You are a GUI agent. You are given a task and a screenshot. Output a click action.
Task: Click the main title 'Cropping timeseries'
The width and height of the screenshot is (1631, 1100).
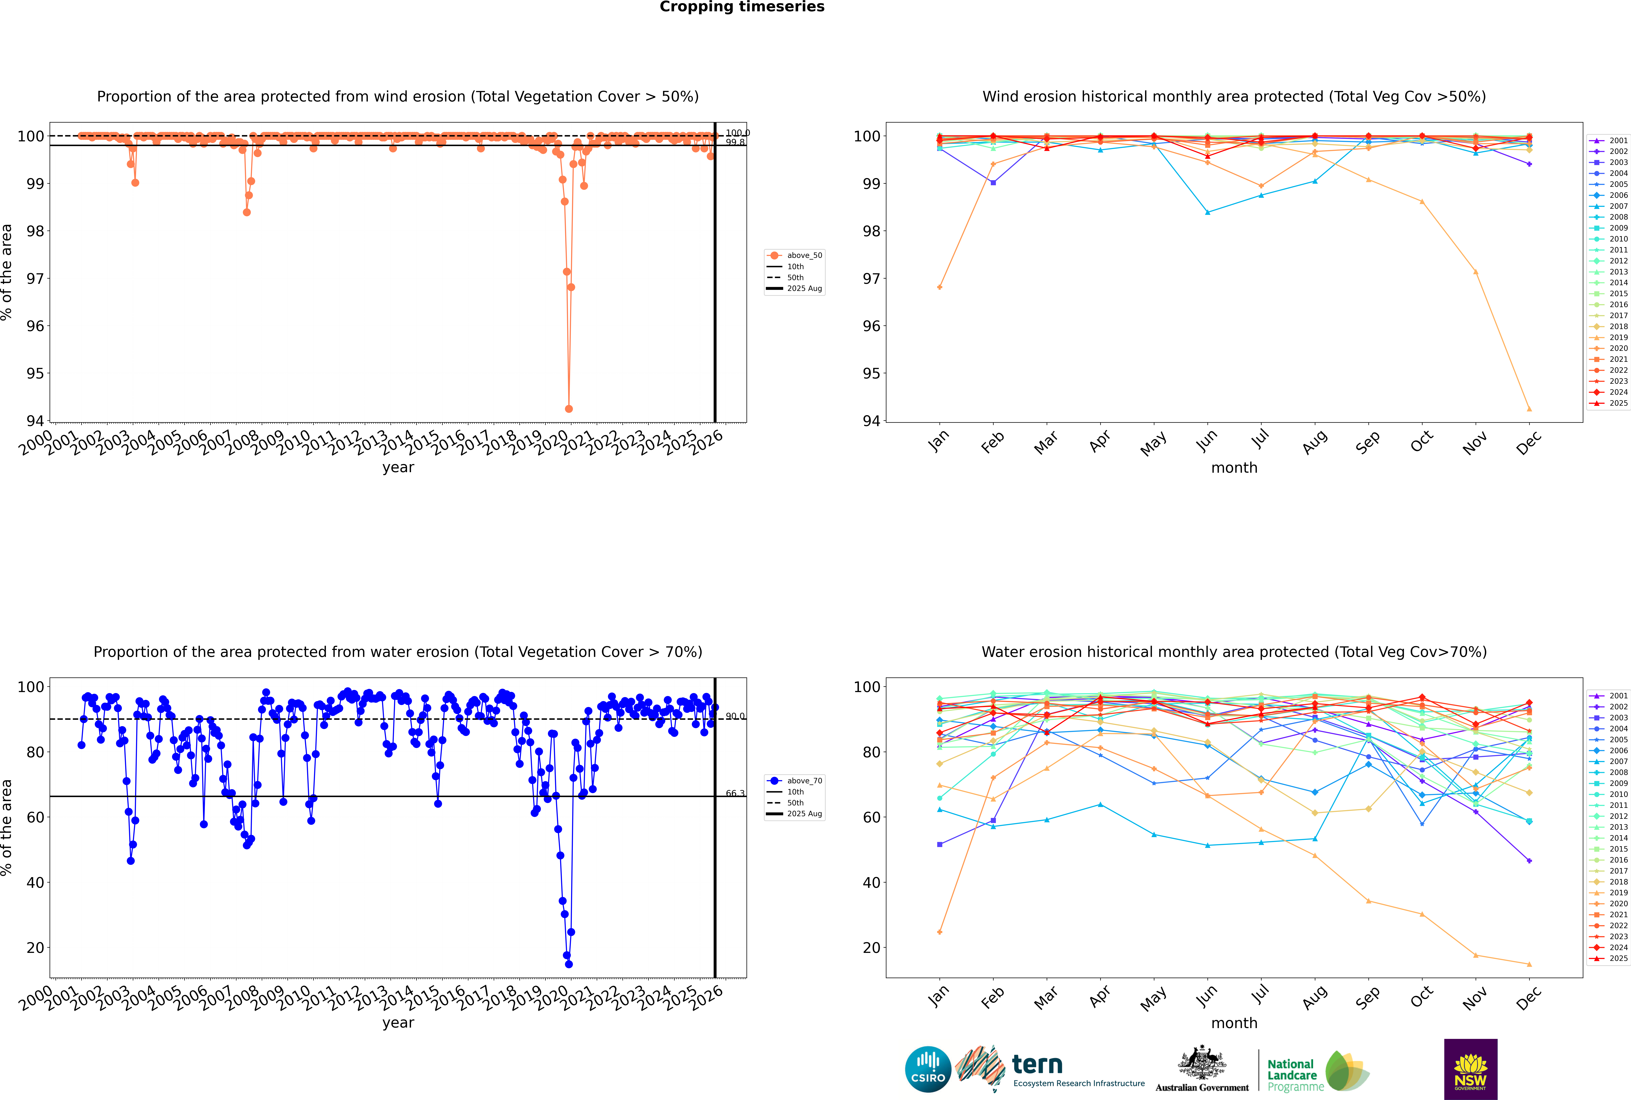pos(742,7)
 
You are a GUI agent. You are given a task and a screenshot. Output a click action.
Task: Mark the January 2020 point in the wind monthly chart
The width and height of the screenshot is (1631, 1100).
pos(940,287)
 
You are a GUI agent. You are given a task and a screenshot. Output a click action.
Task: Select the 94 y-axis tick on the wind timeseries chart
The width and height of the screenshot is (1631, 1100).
pos(35,421)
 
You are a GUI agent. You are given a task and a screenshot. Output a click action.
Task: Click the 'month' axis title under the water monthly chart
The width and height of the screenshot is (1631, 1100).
pos(1234,1023)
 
